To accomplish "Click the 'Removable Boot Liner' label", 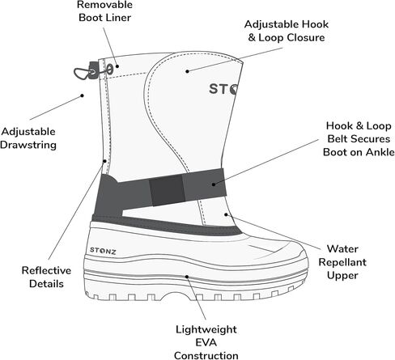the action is pos(104,11).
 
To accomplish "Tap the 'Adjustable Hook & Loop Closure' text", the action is pos(287,31).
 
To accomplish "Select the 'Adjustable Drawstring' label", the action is pos(28,138).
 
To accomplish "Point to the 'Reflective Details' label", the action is pos(46,277).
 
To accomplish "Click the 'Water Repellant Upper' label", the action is pos(342,262).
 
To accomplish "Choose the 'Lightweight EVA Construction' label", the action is pos(206,342).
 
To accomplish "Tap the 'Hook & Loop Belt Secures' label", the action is pos(359,132).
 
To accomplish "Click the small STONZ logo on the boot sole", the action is pos(103,251).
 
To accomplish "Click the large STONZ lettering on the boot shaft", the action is pos(223,89).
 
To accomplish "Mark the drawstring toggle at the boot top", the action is pos(94,70).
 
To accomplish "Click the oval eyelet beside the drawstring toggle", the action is pos(109,69).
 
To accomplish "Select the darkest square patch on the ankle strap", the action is pos(168,190).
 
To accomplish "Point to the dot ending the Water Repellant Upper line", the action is pos(226,214).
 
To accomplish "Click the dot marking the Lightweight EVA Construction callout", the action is pos(186,277).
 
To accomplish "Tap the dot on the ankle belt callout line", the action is pos(214,184).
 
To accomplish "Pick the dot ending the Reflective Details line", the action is pos(104,161).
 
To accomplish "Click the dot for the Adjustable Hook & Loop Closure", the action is pos(187,71).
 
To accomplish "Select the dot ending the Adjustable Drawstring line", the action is pos(83,95).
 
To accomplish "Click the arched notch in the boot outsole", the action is pos(175,295).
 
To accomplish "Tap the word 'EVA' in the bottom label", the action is pos(206,342).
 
